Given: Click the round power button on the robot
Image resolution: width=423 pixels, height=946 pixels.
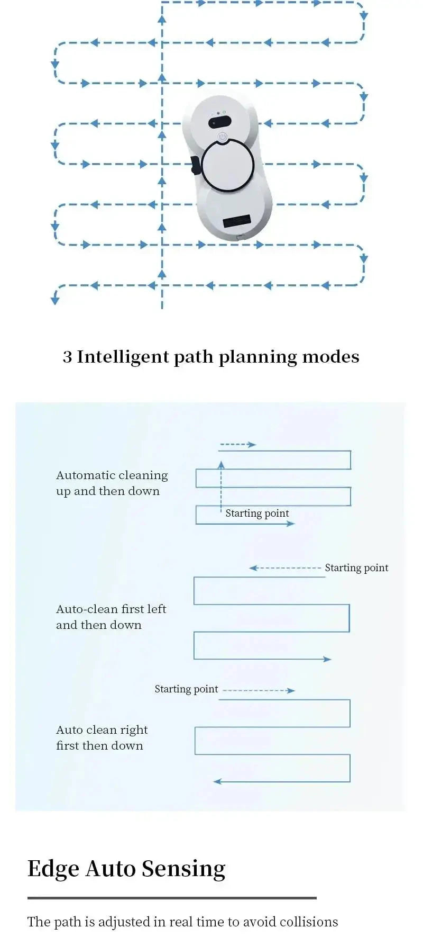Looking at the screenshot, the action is [223, 137].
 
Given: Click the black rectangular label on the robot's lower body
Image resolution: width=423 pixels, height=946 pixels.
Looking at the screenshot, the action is [236, 221].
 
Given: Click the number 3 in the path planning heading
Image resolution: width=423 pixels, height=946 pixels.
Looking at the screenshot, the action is [67, 357].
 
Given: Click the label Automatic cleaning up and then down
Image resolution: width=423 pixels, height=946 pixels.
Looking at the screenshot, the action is [112, 483].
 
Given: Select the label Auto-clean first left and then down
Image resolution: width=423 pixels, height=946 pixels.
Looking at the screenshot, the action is [111, 617].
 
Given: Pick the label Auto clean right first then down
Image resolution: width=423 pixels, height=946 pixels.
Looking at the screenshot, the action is [102, 737].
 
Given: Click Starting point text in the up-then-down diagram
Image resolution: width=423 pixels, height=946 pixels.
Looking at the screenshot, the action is [257, 513].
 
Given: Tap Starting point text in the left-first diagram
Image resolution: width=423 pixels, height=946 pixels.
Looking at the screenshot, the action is [356, 567].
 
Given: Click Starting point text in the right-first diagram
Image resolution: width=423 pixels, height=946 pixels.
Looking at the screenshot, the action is [186, 689].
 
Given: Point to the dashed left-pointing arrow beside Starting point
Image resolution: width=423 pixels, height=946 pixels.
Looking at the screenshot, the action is [285, 568].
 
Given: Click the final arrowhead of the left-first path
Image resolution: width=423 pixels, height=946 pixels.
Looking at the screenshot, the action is [327, 659].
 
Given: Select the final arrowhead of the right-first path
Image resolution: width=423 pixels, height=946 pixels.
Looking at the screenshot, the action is [217, 781].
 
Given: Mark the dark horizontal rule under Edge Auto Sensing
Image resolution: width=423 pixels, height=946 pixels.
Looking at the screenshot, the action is [172, 898].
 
